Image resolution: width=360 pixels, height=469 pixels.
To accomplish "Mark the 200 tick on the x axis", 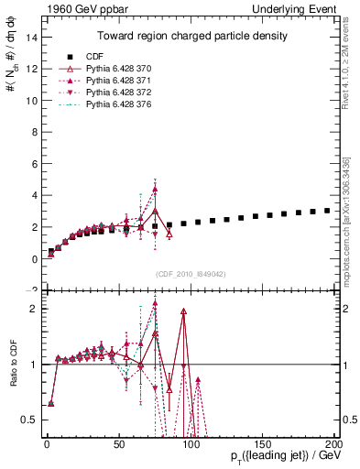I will coord(334,444).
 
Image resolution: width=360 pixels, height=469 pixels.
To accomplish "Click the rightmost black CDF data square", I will coord(327,211).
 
